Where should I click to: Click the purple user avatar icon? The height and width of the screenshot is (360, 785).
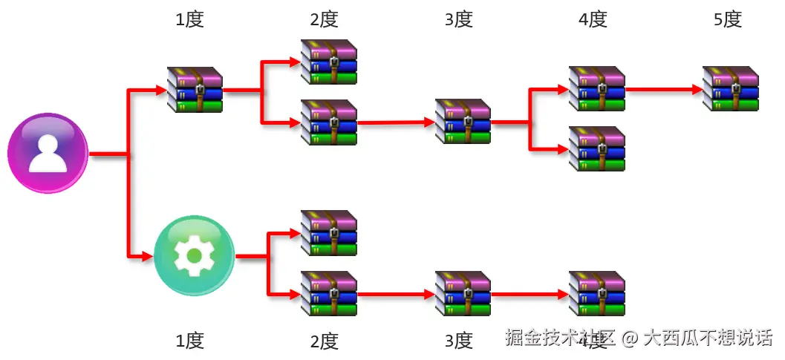pyautogui.click(x=48, y=154)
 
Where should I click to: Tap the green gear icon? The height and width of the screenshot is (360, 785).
pyautogui.click(x=195, y=255)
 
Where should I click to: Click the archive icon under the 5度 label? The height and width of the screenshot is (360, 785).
pyautogui.click(x=731, y=89)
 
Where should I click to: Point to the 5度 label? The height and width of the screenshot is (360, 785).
pyautogui.click(x=728, y=20)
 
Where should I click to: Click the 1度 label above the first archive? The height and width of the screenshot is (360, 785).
pyautogui.click(x=189, y=20)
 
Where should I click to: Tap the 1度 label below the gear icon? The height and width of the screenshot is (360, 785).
pyautogui.click(x=189, y=341)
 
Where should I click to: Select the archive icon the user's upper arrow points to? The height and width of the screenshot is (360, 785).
pyautogui.click(x=195, y=89)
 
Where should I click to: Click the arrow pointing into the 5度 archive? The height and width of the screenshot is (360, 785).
pyautogui.click(x=665, y=90)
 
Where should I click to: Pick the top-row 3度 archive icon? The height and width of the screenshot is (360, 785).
pyautogui.click(x=463, y=121)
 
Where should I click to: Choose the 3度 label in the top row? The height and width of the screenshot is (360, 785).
pyautogui.click(x=458, y=20)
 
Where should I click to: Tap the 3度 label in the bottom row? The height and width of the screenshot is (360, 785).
pyautogui.click(x=458, y=341)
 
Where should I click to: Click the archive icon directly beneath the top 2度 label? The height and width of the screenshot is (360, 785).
pyautogui.click(x=328, y=62)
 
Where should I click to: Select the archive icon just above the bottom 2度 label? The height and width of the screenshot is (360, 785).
pyautogui.click(x=328, y=293)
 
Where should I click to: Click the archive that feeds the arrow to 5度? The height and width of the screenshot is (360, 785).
pyautogui.click(x=596, y=89)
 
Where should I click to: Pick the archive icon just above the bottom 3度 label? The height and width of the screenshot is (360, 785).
pyautogui.click(x=463, y=293)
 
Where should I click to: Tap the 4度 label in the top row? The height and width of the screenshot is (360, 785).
pyautogui.click(x=593, y=20)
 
